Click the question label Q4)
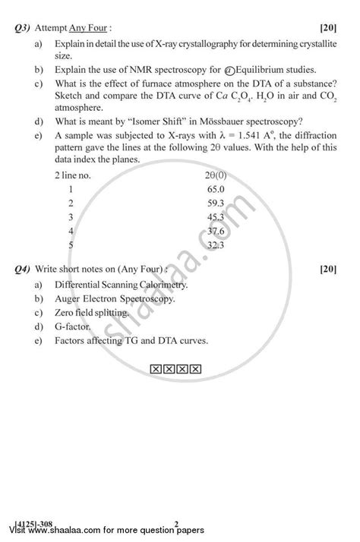tap(33, 270)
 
